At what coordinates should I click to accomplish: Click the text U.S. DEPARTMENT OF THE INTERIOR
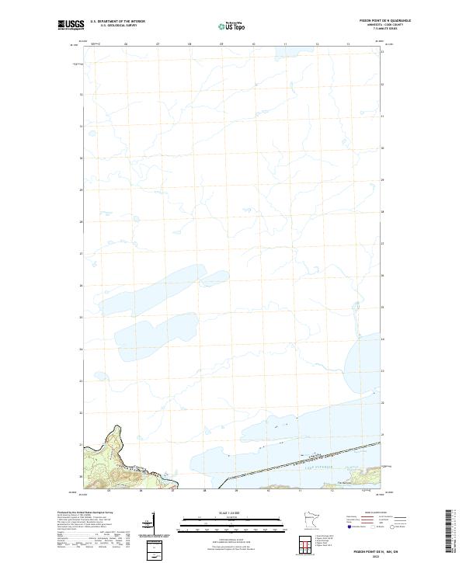coord(118,21)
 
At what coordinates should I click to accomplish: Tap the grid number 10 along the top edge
coord(253,45)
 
